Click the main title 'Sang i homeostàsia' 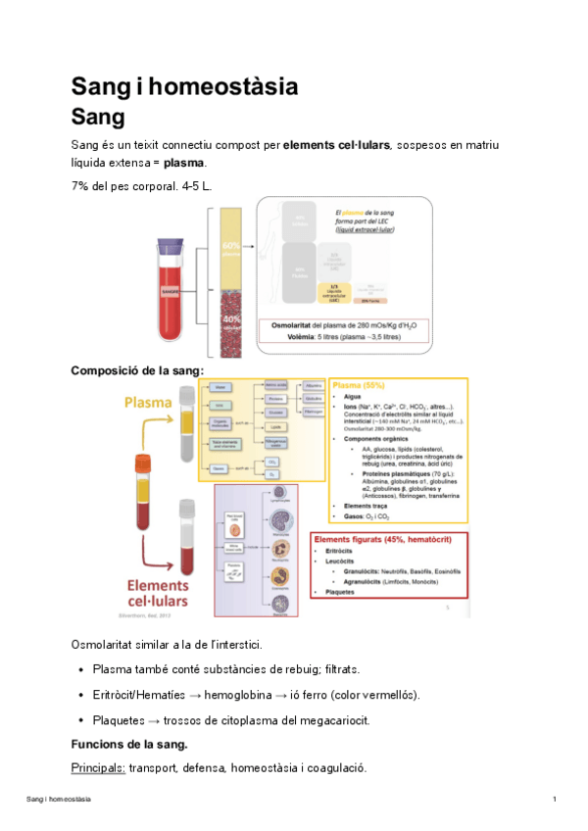coord(184,86)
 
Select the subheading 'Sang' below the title coord(98,119)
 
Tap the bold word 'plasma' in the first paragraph coord(184,162)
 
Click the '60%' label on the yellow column coord(231,245)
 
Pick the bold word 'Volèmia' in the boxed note coord(287,339)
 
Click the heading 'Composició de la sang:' coord(137,370)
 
